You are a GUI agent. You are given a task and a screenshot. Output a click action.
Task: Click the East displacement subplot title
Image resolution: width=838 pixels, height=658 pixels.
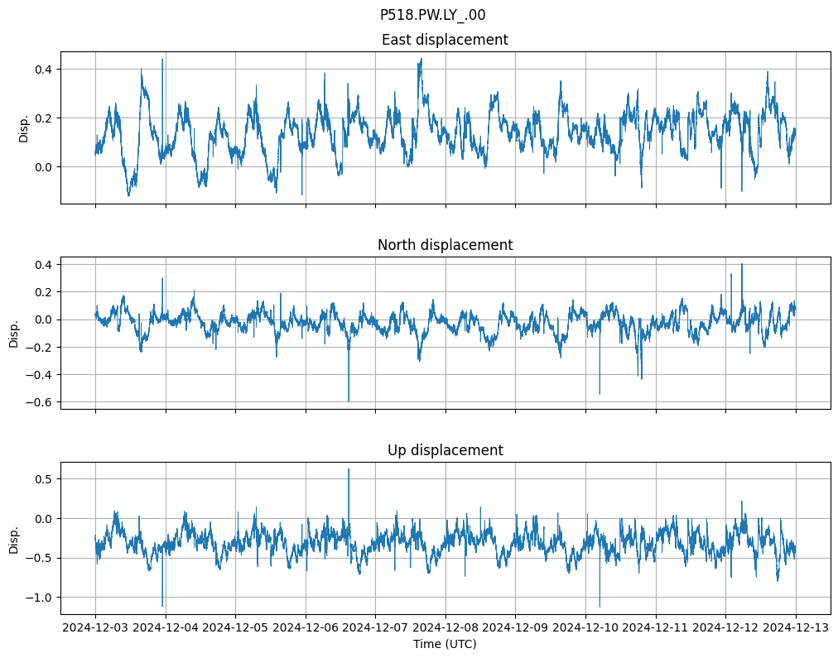445,40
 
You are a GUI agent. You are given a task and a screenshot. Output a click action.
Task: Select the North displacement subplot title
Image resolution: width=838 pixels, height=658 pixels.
445,245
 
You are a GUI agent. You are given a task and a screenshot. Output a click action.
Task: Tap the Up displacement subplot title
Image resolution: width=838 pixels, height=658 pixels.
445,450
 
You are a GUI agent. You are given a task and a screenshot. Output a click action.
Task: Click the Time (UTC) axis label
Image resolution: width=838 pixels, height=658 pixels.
445,644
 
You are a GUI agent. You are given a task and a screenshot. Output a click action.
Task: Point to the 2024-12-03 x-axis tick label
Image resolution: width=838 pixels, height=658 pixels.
95,628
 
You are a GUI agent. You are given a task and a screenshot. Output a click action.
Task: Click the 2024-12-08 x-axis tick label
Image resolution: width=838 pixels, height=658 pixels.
445,628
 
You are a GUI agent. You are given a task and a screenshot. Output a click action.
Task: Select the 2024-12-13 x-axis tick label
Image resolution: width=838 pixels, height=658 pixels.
796,628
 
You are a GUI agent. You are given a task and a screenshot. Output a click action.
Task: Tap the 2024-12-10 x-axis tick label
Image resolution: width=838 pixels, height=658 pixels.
585,628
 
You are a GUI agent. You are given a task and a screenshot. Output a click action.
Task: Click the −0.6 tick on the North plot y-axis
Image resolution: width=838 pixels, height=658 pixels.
40,402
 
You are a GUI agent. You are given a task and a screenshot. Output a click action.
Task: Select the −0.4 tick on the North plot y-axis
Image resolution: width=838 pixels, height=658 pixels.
40,375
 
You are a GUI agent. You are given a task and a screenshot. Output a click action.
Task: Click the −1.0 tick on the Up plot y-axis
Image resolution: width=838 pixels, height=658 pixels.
40,598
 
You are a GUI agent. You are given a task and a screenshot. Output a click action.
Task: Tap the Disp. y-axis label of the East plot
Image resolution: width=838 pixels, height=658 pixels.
24,127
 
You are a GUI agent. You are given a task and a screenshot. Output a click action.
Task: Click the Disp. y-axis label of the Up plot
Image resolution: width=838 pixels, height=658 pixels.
14,538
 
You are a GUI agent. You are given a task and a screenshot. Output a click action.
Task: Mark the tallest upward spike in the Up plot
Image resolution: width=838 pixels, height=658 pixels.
349,470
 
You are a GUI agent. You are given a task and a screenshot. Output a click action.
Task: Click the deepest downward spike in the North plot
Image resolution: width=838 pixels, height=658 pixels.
349,400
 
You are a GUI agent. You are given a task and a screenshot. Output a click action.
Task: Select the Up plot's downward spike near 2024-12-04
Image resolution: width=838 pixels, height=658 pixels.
162,605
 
